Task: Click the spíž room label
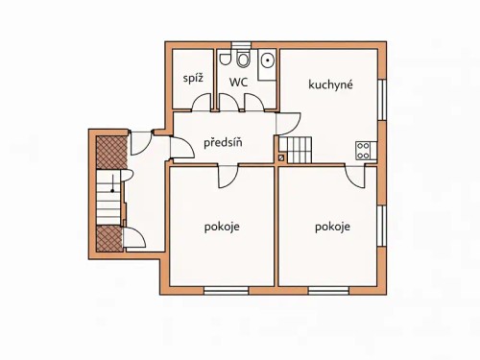pyautogui.click(x=192, y=78)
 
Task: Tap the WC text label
pyautogui.click(x=239, y=83)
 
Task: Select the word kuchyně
pyautogui.click(x=331, y=84)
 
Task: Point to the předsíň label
pyautogui.click(x=223, y=144)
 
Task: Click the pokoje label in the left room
pyautogui.click(x=222, y=228)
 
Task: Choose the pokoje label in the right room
pyautogui.click(x=332, y=228)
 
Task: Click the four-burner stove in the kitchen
pyautogui.click(x=365, y=150)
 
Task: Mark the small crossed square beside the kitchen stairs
pyautogui.click(x=281, y=157)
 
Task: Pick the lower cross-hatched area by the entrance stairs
pyautogui.click(x=108, y=238)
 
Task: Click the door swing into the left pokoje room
pyautogui.click(x=230, y=174)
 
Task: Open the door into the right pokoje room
pyautogui.click(x=356, y=174)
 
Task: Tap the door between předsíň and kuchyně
pyautogui.click(x=289, y=123)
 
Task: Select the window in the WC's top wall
pyautogui.click(x=241, y=44)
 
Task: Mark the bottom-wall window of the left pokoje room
pyautogui.click(x=232, y=289)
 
